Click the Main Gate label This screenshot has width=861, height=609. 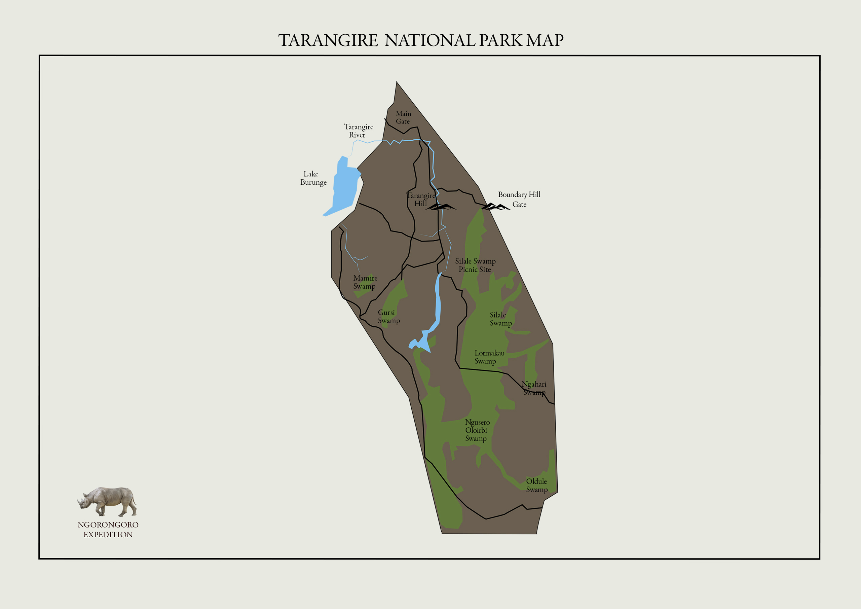tap(403, 117)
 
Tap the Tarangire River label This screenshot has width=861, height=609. tap(358, 131)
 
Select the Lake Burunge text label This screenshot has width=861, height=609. tap(313, 178)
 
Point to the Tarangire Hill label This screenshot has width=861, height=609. tap(420, 200)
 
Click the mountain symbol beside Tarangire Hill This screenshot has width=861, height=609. tap(441, 207)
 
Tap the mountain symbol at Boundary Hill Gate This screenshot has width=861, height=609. tap(495, 207)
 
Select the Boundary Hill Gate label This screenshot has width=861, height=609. tap(519, 199)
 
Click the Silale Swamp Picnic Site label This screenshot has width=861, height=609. tap(475, 265)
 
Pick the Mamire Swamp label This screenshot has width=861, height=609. tap(365, 282)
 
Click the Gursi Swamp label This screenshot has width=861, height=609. tap(388, 316)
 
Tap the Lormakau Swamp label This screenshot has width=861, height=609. tap(489, 357)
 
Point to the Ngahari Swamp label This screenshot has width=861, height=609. tap(534, 388)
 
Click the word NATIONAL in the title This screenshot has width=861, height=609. tap(430, 40)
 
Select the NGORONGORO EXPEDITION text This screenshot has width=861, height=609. tap(108, 530)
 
